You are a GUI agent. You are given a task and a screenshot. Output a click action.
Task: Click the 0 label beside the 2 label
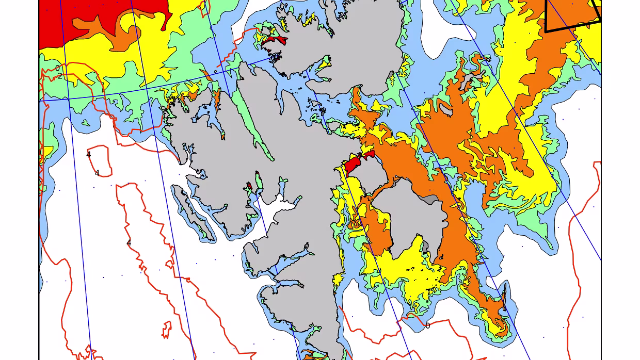click(x=57, y=68)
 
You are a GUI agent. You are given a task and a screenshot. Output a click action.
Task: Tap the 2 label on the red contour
click(x=59, y=76)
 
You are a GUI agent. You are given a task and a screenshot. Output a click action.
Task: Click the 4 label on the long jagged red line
click(x=129, y=243)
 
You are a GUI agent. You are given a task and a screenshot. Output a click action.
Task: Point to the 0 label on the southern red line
click(x=427, y=326)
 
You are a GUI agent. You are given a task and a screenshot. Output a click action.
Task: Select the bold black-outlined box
click(x=573, y=13)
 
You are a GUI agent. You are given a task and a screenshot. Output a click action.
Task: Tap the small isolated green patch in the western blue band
click(x=85, y=123)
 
